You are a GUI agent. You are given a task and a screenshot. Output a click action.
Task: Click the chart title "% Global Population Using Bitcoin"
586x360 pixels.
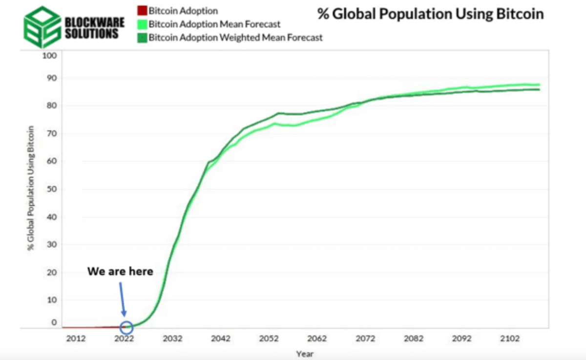pos(430,14)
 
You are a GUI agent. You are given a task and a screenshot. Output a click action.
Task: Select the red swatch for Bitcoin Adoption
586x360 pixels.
pos(142,11)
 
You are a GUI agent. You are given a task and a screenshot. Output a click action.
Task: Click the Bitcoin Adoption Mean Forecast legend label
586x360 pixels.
pos(214,24)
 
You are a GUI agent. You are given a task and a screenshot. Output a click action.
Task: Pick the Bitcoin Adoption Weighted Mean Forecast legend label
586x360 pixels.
pos(235,37)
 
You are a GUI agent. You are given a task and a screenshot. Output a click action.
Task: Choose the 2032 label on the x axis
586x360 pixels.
pos(172,339)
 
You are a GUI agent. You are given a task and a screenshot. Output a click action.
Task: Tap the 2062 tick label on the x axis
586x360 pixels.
pos(317,339)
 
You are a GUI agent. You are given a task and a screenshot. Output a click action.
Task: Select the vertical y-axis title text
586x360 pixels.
pos(31,188)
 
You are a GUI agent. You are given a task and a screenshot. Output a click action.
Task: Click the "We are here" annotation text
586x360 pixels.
pos(120,272)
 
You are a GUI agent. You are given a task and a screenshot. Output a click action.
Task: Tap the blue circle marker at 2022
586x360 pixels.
pos(126,326)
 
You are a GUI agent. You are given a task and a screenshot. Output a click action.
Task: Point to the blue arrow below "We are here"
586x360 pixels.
pos(122,299)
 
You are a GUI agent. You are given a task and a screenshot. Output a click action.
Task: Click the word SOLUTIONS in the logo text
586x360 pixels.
pos(91,34)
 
